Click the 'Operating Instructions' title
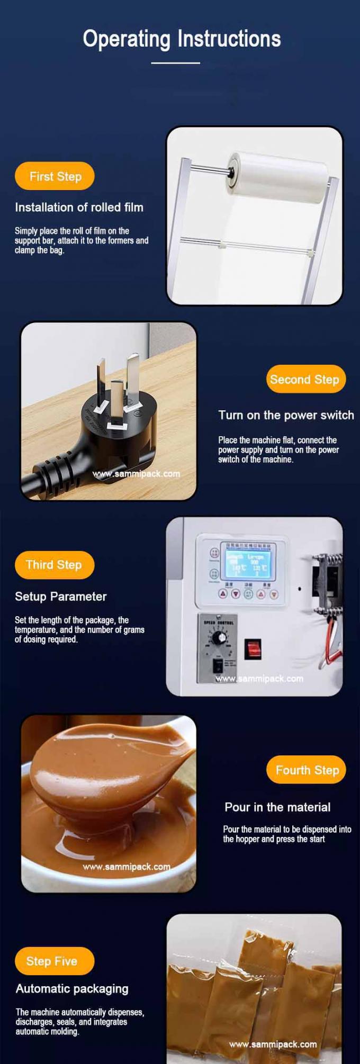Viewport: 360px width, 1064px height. (x=182, y=39)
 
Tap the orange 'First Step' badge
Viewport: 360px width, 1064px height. (x=55, y=176)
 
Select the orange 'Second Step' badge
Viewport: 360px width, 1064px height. (x=305, y=379)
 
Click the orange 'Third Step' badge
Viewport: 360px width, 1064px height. (x=54, y=564)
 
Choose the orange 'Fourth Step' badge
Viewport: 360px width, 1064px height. (x=307, y=770)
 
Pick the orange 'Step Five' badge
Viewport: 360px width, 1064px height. (x=52, y=961)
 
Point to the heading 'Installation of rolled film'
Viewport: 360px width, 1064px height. (x=79, y=208)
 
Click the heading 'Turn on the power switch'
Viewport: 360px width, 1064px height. (x=286, y=415)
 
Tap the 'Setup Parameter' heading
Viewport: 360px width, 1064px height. (x=60, y=597)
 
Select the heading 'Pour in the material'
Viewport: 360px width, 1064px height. (x=277, y=807)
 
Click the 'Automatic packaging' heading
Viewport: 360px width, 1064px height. (x=72, y=988)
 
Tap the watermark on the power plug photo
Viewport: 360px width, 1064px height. (x=137, y=474)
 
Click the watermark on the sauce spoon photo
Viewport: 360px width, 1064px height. (x=127, y=867)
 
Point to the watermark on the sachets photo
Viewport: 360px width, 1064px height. (x=273, y=1044)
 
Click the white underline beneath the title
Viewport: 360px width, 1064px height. (x=175, y=63)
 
